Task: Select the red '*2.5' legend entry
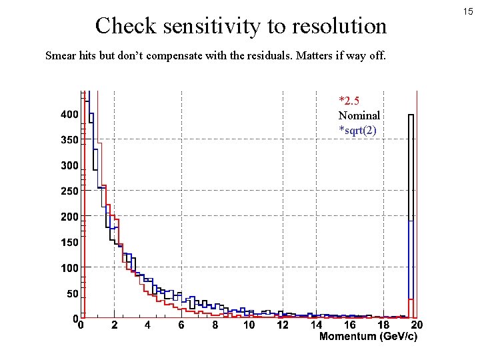(x=350, y=101)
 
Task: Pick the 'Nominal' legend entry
(x=359, y=115)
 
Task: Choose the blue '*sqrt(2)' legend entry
(x=357, y=129)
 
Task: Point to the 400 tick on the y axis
(x=69, y=115)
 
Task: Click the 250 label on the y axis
(x=69, y=191)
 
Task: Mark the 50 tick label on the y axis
(x=71, y=293)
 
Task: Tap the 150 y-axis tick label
(x=69, y=243)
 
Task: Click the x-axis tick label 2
(x=114, y=325)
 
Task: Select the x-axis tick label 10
(x=249, y=325)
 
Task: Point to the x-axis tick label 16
(x=349, y=325)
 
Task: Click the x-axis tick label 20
(x=417, y=325)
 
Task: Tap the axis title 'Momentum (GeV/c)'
(x=368, y=337)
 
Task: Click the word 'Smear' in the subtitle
(x=59, y=55)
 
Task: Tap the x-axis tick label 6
(x=181, y=325)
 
